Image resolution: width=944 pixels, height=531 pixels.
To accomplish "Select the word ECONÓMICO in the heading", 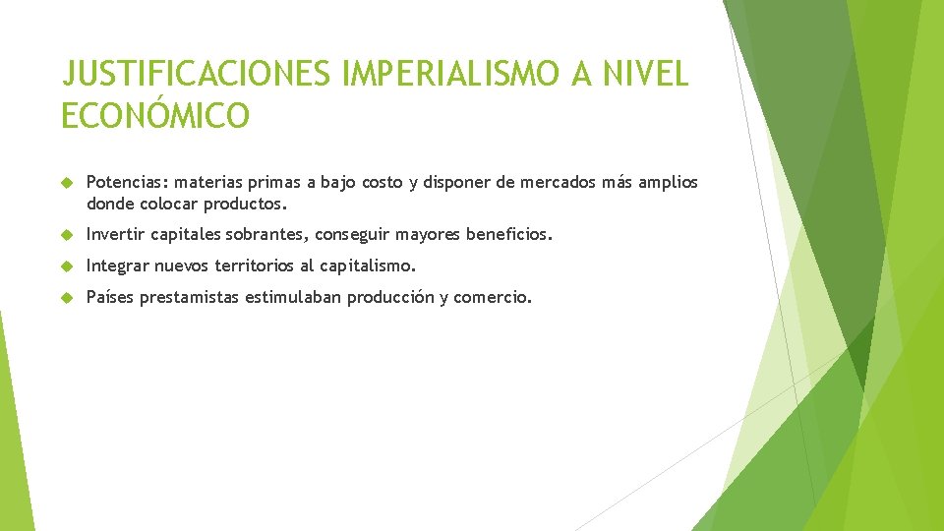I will (155, 116).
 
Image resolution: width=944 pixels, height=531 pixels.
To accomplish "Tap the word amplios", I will (668, 182).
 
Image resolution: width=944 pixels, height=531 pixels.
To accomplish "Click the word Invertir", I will (117, 235).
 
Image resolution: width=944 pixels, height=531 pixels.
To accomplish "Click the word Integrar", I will (118, 265).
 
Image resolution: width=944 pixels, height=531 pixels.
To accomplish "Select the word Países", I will (110, 297).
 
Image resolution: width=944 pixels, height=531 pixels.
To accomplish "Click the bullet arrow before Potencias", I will (67, 183).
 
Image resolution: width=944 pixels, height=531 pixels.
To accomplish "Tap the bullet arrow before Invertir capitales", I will (67, 236).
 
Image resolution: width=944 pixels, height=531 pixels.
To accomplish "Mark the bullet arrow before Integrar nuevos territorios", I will (67, 266).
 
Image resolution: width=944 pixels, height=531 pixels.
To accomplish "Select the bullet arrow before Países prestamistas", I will (67, 298).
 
